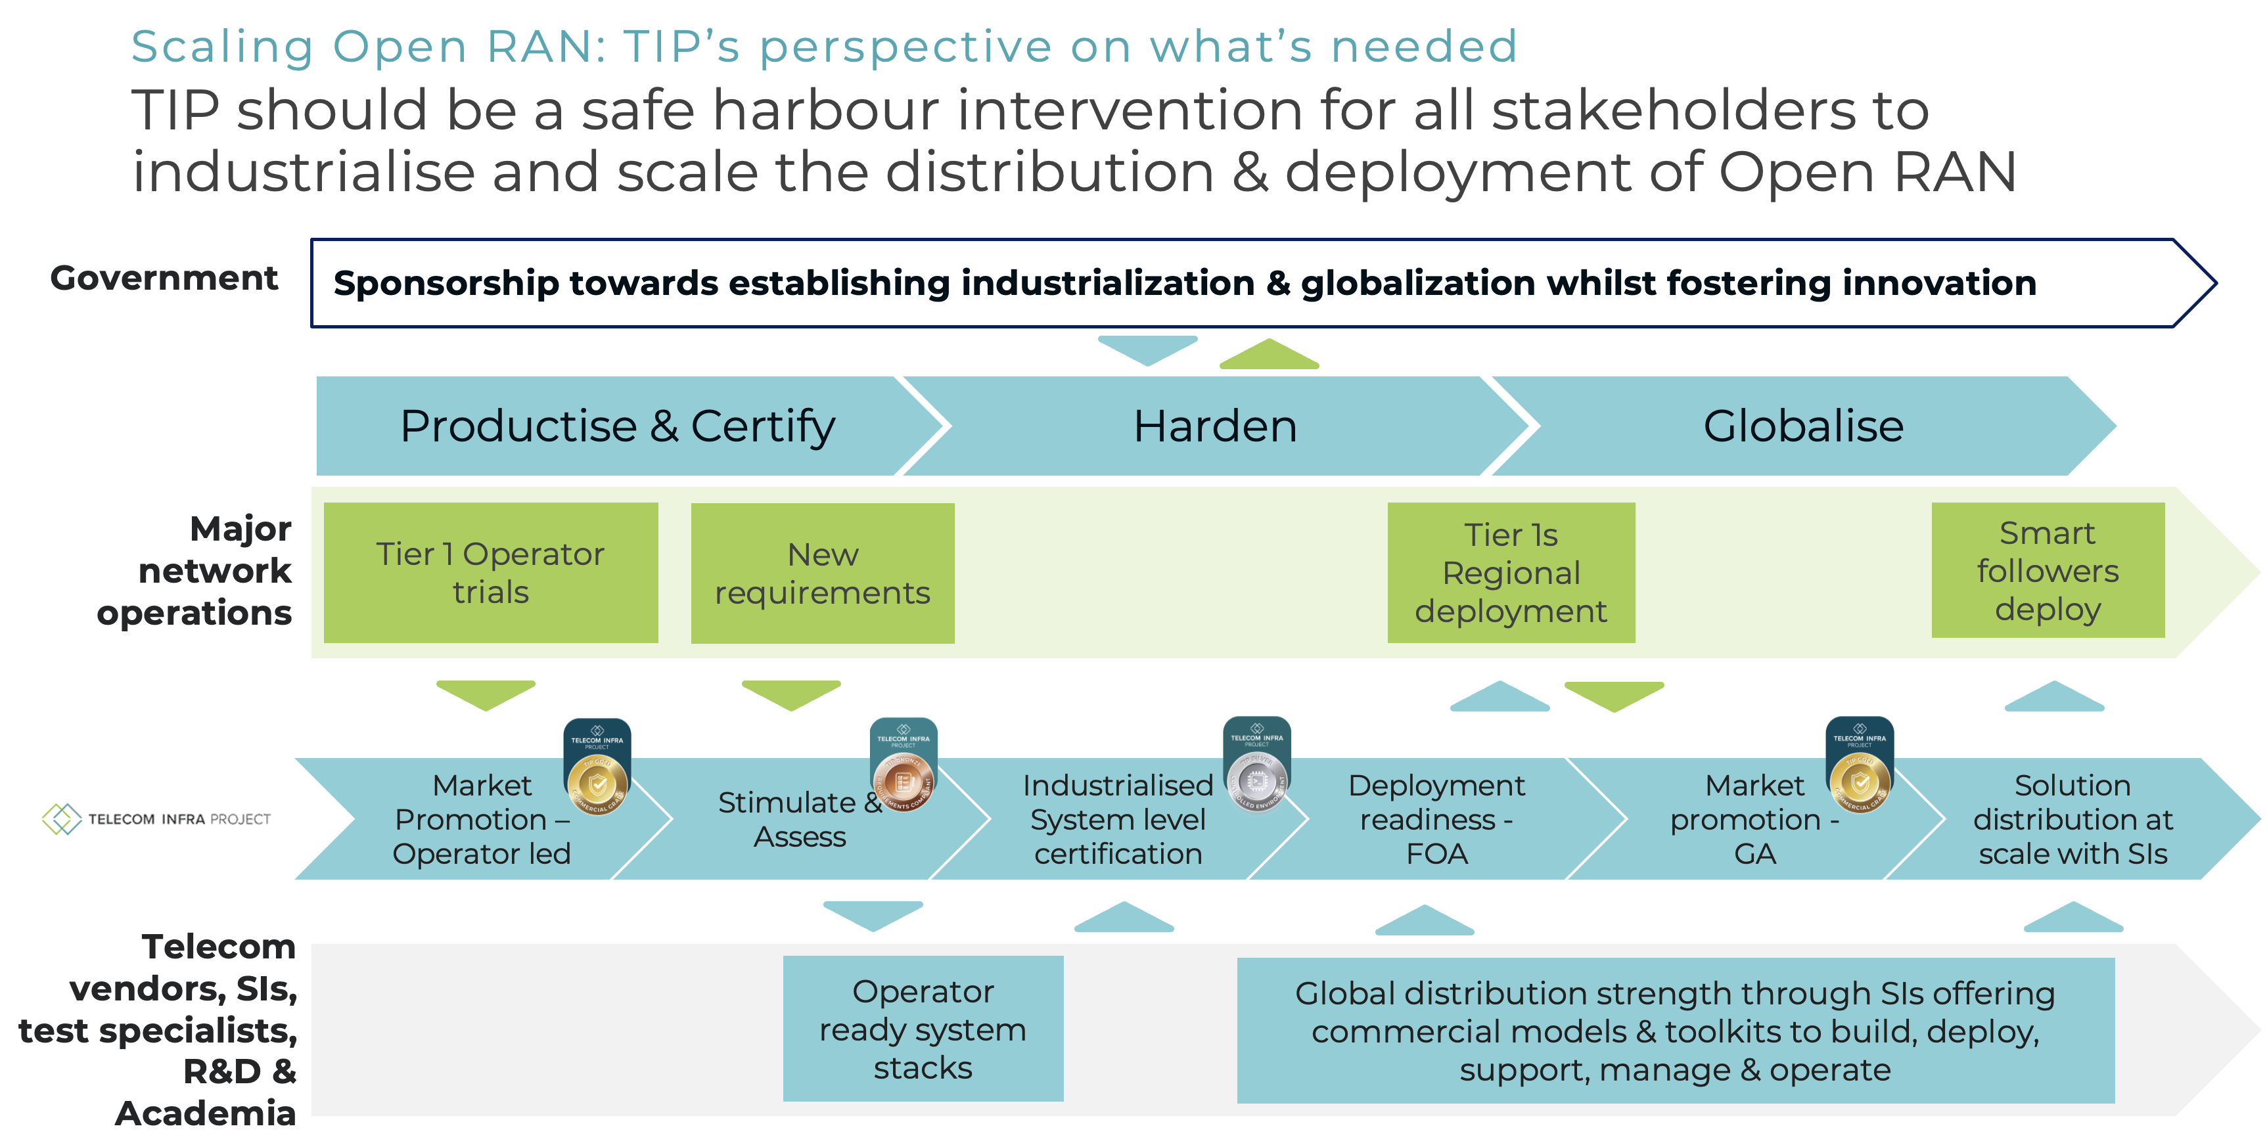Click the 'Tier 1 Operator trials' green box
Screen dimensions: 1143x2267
(490, 572)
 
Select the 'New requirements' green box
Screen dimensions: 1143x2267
(822, 573)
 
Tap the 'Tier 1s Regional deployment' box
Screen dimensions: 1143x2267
(1510, 572)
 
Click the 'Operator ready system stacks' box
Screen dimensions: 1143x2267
(923, 1028)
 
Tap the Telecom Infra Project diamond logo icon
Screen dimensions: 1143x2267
(62, 818)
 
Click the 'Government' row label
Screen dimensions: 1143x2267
(164, 278)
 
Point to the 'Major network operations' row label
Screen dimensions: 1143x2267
(195, 570)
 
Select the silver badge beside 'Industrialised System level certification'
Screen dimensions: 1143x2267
(1256, 778)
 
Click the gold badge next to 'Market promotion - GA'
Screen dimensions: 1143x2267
(1860, 780)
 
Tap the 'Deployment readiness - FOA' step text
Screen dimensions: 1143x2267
(1436, 819)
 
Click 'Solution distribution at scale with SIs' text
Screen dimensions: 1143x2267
(2072, 819)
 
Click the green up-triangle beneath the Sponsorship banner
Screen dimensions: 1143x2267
(1269, 355)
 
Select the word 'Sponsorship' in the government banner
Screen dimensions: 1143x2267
(446, 283)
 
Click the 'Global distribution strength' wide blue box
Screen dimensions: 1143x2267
(1675, 1031)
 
